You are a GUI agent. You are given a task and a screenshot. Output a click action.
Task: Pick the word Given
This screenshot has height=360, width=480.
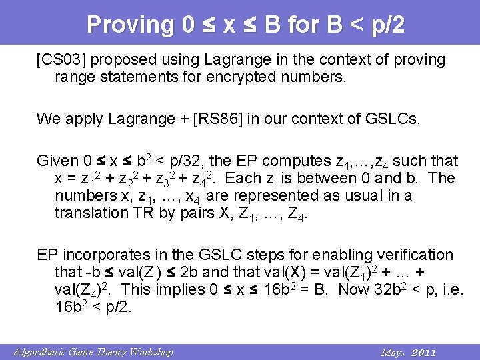tap(57, 161)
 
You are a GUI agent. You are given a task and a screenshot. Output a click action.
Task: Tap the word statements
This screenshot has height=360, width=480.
tap(135, 77)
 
